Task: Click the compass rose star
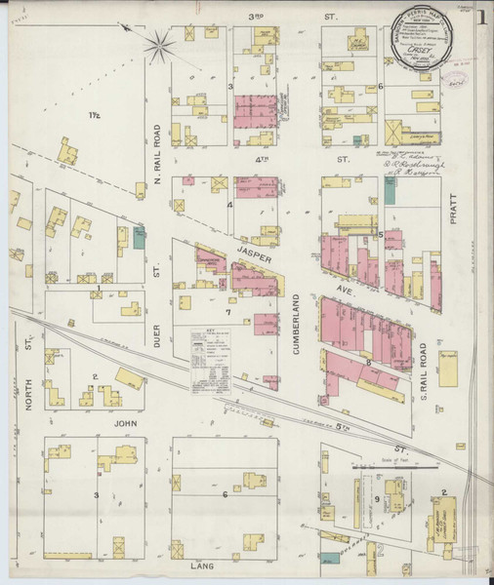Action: click(158, 42)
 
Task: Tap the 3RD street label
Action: click(258, 17)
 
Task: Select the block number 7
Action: click(228, 312)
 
